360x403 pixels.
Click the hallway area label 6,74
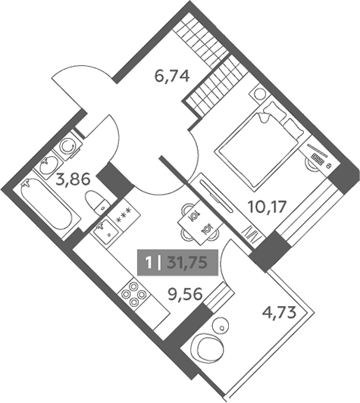pos(172,76)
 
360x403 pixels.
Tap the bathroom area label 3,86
pos(74,179)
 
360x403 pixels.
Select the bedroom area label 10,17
pos(267,207)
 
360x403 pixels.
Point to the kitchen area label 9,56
pos(185,294)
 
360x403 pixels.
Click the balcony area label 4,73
pos(279,313)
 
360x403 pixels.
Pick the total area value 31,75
pos(187,263)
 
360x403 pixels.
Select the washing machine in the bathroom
pos(67,145)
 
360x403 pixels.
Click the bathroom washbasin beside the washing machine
pos(48,164)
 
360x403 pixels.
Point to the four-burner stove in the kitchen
pos(134,294)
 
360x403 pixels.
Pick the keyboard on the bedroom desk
pos(318,159)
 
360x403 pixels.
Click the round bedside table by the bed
pos(260,95)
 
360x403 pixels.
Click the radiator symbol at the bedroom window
pos(252,235)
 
